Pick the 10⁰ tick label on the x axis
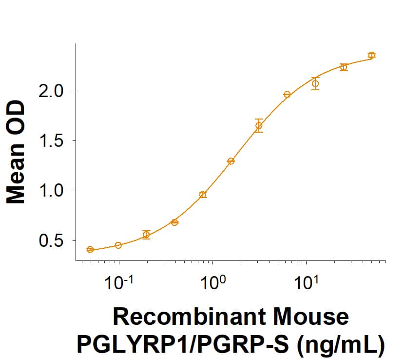click(x=212, y=282)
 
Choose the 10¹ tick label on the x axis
click(x=306, y=282)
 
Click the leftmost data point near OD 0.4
click(x=90, y=249)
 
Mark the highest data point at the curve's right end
click(x=372, y=55)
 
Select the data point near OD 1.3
click(x=231, y=161)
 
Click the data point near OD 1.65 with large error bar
click(x=259, y=125)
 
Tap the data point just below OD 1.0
click(x=203, y=195)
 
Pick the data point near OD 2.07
click(x=315, y=83)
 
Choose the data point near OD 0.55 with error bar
click(x=146, y=235)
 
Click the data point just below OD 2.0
click(x=287, y=94)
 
